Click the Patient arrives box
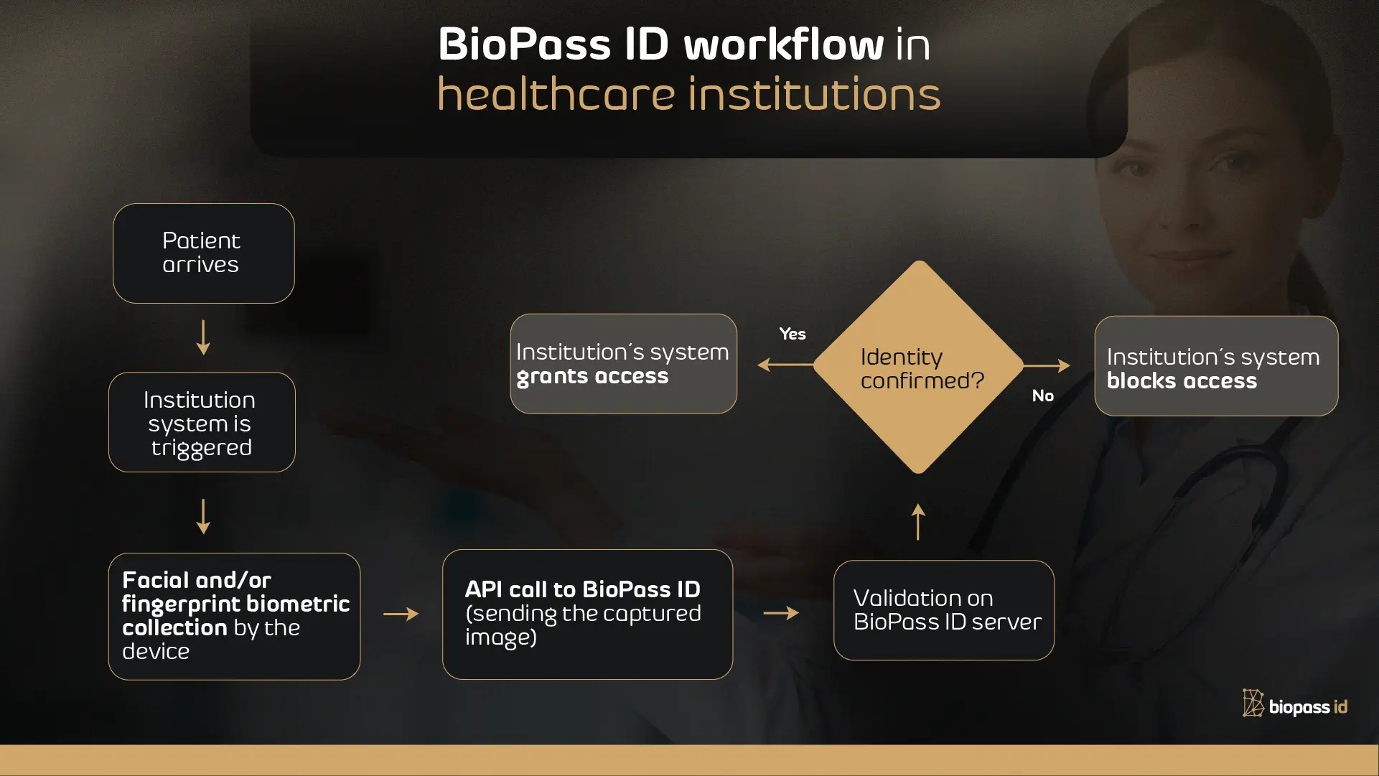(203, 253)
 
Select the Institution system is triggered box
(202, 422)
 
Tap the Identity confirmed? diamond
(919, 367)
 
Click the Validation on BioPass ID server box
(943, 610)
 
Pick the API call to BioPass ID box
(587, 614)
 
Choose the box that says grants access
(623, 364)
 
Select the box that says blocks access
(1215, 366)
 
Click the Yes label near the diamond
(793, 334)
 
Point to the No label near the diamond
(1042, 396)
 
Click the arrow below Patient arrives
(203, 337)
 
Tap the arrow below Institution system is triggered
(203, 516)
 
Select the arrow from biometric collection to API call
(401, 614)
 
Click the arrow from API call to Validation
(781, 613)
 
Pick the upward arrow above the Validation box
(918, 521)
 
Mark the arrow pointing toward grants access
(785, 365)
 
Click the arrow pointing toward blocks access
(1047, 365)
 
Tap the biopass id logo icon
(1253, 703)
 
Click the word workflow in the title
(783, 45)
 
